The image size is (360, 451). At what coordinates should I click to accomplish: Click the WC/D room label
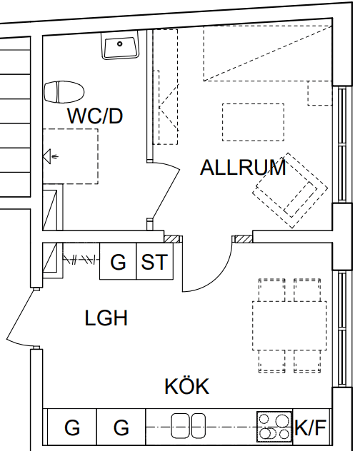95,116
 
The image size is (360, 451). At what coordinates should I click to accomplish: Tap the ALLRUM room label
243,167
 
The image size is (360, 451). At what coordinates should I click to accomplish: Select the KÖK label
187,386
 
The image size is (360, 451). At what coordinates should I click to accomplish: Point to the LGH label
106,318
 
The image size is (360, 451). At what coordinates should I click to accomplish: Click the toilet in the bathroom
64,92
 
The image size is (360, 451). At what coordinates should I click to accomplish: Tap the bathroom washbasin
120,45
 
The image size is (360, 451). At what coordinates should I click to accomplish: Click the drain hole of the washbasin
120,44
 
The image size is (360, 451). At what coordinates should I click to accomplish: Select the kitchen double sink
189,426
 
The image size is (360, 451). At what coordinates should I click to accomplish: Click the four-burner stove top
274,427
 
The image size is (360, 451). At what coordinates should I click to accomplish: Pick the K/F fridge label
310,427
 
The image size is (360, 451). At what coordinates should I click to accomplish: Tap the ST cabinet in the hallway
155,261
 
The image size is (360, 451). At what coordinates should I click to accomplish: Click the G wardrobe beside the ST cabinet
118,261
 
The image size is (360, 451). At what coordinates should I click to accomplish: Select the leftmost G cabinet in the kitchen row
72,427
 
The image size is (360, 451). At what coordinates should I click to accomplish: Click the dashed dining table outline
289,325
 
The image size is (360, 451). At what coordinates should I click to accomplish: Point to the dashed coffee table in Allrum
253,122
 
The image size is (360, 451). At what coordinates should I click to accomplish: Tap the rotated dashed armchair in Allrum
290,191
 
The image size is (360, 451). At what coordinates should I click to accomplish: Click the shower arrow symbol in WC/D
51,156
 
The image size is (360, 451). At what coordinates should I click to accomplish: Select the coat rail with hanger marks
81,260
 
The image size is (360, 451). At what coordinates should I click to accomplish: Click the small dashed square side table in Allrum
320,93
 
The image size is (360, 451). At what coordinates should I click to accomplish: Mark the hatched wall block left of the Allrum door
171,239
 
